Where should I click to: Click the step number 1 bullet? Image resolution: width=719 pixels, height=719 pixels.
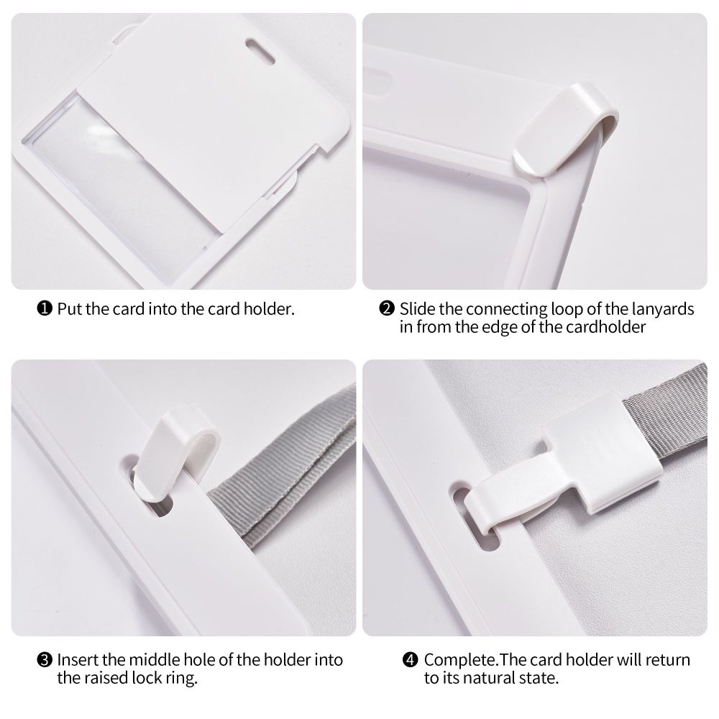click(x=45, y=308)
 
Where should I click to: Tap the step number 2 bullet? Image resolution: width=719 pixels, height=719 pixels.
click(x=387, y=308)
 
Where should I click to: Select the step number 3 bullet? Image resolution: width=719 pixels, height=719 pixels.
click(x=45, y=660)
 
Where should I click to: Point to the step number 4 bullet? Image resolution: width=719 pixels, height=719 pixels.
click(x=411, y=660)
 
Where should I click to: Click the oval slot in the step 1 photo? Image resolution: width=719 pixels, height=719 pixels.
click(x=260, y=51)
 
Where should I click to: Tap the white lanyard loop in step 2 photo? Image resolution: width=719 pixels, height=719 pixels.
click(x=566, y=129)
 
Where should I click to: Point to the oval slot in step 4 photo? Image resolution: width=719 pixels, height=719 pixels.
click(x=472, y=516)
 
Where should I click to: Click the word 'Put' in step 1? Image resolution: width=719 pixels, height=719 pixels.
click(x=70, y=309)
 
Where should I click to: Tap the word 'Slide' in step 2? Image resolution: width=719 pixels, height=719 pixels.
click(x=417, y=309)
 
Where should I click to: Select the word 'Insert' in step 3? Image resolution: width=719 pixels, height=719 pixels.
click(x=78, y=660)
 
